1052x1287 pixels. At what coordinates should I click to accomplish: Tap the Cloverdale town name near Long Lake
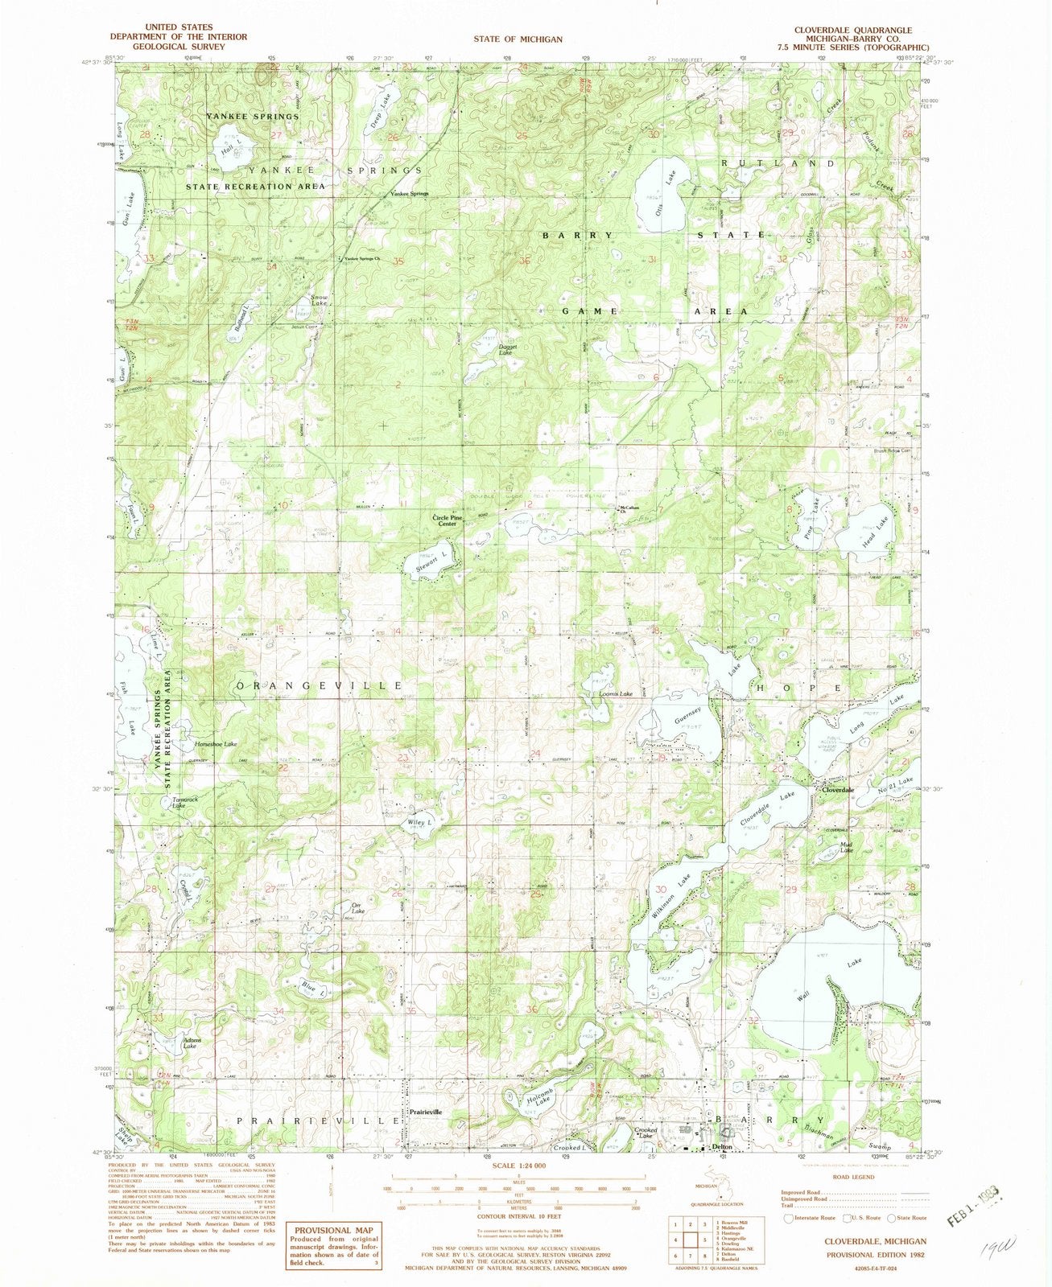[836, 791]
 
